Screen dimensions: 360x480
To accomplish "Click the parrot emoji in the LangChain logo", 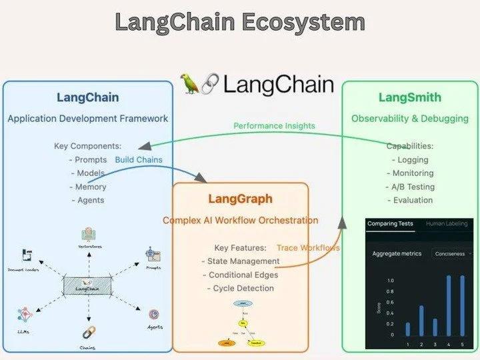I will (x=192, y=83).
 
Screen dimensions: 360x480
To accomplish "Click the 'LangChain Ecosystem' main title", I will (x=240, y=22).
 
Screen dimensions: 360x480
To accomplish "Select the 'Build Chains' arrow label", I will (x=139, y=160).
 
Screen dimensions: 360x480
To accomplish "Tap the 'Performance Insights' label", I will (x=274, y=125).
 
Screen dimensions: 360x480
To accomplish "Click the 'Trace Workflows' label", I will (x=308, y=248).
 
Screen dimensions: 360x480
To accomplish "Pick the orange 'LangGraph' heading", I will (x=240, y=199).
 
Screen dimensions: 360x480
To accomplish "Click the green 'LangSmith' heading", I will (x=409, y=97).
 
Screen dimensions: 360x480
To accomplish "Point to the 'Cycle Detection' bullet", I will (x=240, y=288).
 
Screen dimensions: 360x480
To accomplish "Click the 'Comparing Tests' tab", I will (x=391, y=225).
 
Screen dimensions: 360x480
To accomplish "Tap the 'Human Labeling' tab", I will (x=449, y=225).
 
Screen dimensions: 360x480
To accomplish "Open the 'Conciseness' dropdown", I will (x=452, y=254).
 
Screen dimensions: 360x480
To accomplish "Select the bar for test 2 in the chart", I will (x=421, y=321).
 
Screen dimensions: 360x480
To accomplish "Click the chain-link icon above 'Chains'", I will (x=88, y=332).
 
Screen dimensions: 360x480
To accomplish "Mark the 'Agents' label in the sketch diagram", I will (x=155, y=327).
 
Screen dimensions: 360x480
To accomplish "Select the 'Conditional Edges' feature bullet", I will (x=243, y=275).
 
